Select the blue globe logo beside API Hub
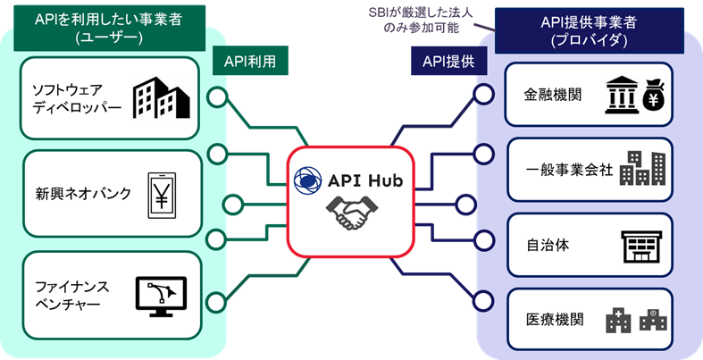(x=308, y=181)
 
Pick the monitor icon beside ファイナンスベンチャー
(x=161, y=294)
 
